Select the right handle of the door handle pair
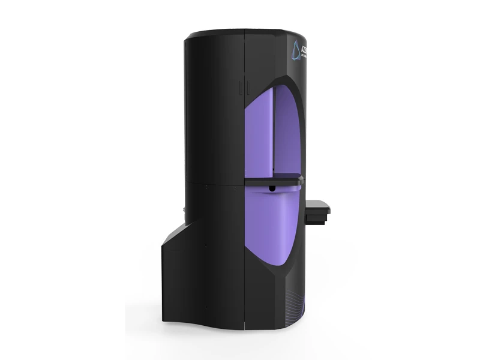click(x=246, y=87)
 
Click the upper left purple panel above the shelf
click(x=259, y=135)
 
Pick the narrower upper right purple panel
click(x=287, y=132)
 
